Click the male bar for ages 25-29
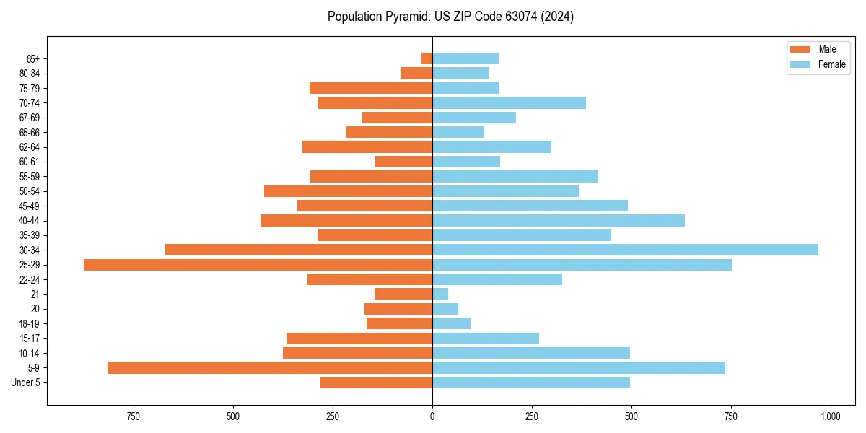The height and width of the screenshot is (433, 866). pos(258,265)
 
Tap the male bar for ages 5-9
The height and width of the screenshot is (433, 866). pos(270,368)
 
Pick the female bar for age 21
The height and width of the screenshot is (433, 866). pos(440,294)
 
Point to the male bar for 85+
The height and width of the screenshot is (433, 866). pos(427,58)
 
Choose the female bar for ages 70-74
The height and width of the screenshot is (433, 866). pos(509,102)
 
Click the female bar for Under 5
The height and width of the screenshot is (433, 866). pos(531,382)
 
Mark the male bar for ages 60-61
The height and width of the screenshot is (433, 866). pos(403,162)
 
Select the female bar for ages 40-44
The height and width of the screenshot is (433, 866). pos(559,221)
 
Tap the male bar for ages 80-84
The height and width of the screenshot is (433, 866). pos(416,73)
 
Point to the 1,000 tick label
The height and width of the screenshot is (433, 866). pos(830,416)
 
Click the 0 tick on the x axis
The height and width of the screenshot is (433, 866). pos(432,416)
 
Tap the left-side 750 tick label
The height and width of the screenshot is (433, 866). pos(133,416)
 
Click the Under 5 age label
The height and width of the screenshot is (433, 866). pos(25,382)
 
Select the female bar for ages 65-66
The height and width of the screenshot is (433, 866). pos(458,132)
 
